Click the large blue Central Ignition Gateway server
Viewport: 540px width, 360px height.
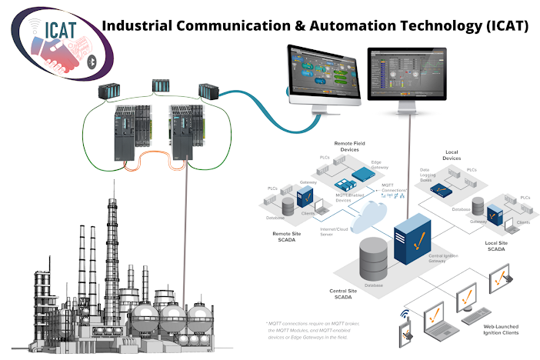pos(411,235)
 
